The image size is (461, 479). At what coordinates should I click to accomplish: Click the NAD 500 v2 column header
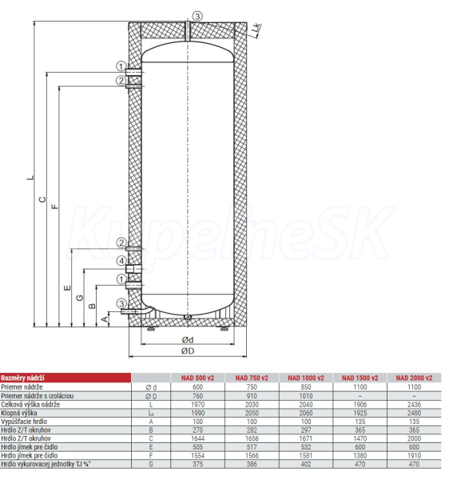(197, 378)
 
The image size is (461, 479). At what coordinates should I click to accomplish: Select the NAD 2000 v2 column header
(414, 378)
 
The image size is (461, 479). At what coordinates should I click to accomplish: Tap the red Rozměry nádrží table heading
(22, 378)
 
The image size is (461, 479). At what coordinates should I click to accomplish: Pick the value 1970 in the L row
(198, 405)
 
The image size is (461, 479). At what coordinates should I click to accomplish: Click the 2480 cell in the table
(414, 413)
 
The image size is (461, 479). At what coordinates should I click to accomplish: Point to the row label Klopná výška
(19, 413)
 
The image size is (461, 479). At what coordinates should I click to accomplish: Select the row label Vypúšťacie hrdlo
(24, 422)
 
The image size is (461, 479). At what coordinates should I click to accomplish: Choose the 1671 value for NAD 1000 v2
(306, 438)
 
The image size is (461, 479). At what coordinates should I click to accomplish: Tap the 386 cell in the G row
(252, 464)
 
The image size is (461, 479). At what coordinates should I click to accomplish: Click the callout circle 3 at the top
(197, 16)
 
